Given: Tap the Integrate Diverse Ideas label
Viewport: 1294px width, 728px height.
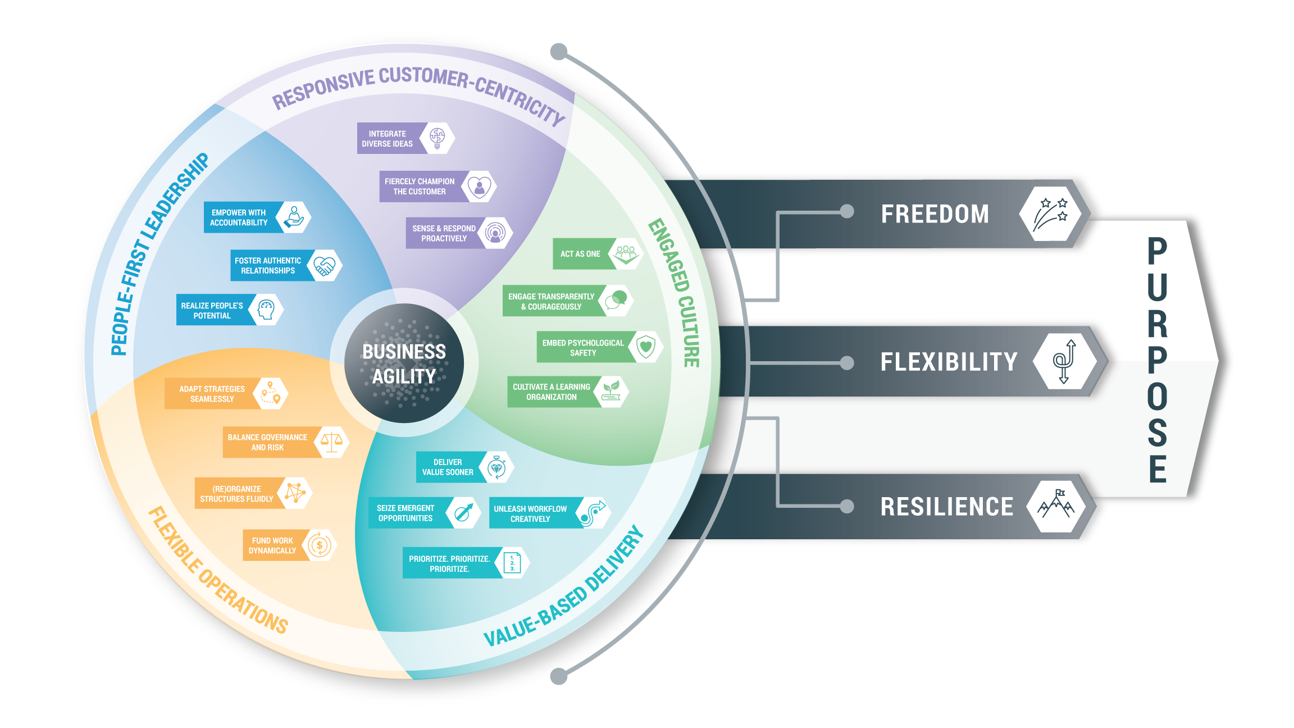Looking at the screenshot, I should (x=388, y=139).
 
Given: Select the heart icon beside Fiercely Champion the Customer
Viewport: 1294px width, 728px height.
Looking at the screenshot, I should (x=479, y=186).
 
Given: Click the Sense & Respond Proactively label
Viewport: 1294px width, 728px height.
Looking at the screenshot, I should (x=444, y=233).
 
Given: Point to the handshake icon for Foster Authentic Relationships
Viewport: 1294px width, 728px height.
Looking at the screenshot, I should (x=324, y=265).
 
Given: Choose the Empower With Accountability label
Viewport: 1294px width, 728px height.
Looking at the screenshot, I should (x=239, y=217).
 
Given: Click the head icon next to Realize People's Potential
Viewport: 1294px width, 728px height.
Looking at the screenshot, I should (x=266, y=310).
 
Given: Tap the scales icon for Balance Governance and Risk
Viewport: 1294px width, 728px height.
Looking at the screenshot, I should (x=331, y=442).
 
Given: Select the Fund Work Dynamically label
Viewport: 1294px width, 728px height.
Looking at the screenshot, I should (x=273, y=545).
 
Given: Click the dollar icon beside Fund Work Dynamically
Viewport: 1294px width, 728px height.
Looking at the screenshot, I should (x=320, y=545).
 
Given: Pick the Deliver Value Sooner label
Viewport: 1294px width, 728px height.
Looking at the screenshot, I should (x=448, y=467).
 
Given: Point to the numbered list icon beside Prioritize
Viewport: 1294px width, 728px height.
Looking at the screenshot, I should (x=512, y=563).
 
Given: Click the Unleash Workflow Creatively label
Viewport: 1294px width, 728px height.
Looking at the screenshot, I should (x=530, y=513).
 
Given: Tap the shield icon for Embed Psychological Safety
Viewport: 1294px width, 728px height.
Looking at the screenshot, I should (x=646, y=347).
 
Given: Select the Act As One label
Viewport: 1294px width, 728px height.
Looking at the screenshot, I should (x=580, y=254).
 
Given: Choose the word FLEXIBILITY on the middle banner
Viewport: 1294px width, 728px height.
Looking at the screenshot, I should (x=949, y=362).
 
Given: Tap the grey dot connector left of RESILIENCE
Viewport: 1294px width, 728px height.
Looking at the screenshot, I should (x=847, y=506).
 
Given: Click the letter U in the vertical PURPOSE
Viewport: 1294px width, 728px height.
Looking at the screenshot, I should (x=1157, y=286).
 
